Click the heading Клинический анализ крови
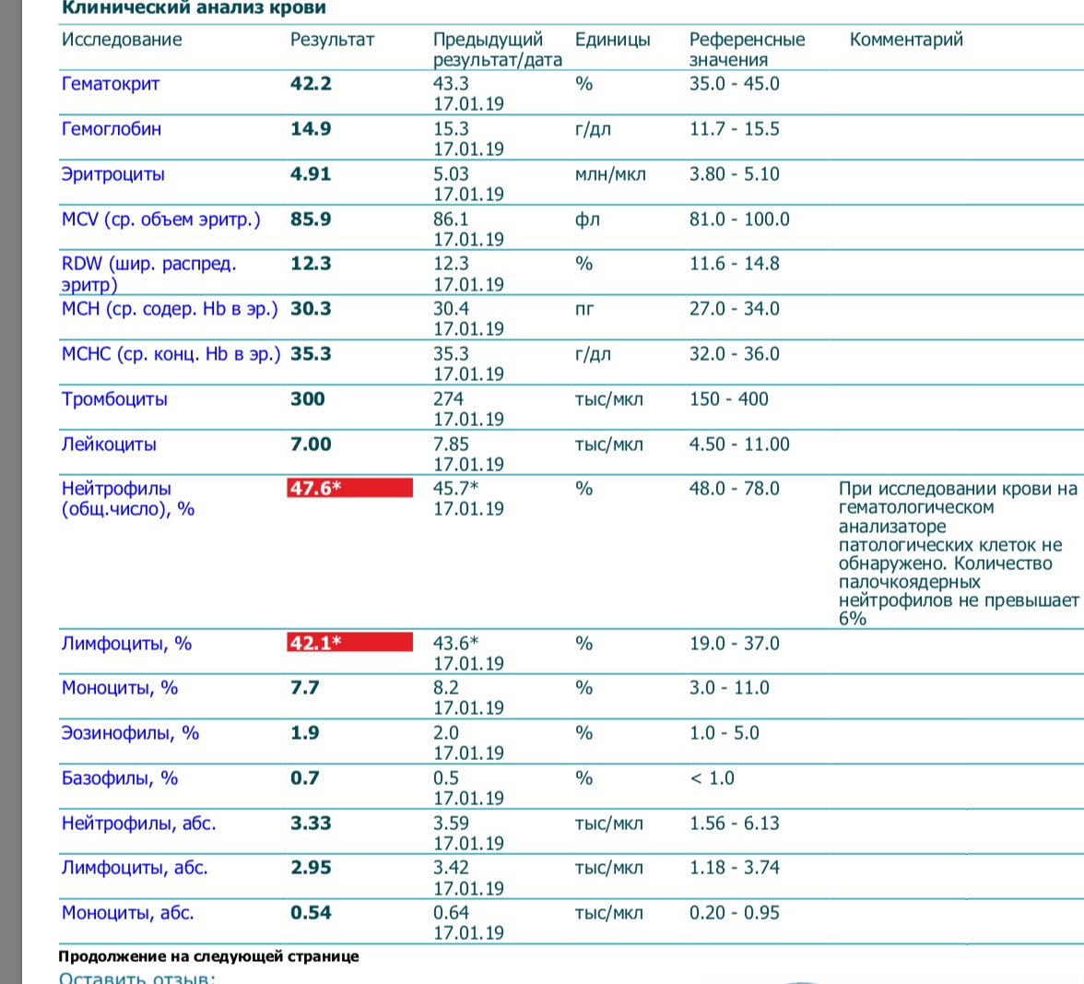193,8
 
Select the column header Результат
332,40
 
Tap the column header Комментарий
905,40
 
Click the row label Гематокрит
111,84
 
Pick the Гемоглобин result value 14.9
311,129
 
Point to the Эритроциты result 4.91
311,174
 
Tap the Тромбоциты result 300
308,399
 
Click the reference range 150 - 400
728,399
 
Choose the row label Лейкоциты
109,445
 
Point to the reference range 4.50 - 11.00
739,445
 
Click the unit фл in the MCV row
587,219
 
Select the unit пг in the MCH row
584,309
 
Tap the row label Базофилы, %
120,778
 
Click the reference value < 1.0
712,778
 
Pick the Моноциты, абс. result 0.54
311,913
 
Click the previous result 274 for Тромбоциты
449,399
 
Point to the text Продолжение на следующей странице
208,956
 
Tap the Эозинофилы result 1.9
305,733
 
